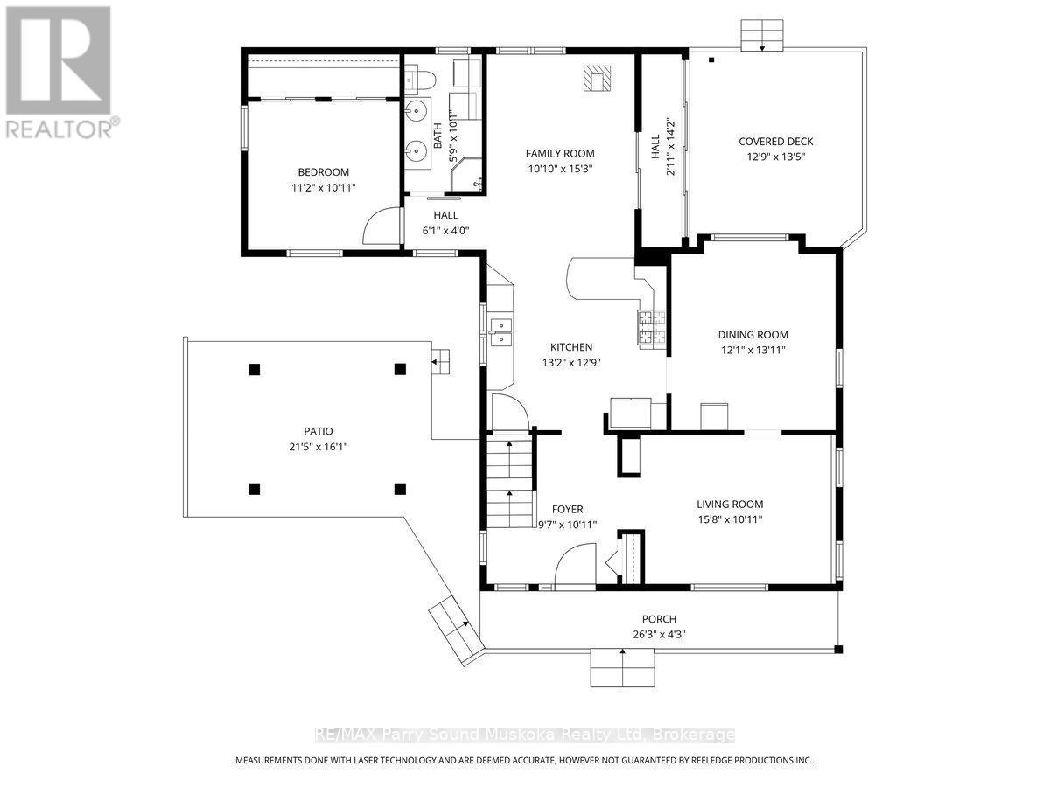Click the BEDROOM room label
pos(323,172)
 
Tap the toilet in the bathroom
pos(417,81)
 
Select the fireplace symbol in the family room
pos(597,79)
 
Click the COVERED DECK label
pos(775,142)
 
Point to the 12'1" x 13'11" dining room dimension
pos(752,350)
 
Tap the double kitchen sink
pos(501,332)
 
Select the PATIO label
pos(318,431)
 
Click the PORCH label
pos(660,619)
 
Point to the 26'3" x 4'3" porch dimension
pos(660,635)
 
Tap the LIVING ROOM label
pos(730,504)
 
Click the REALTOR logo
pos(59,70)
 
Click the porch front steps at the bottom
pos(622,669)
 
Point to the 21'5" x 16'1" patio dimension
pos(318,446)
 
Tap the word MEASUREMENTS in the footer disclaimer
pos(278,760)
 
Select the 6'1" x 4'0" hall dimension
pos(445,231)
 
